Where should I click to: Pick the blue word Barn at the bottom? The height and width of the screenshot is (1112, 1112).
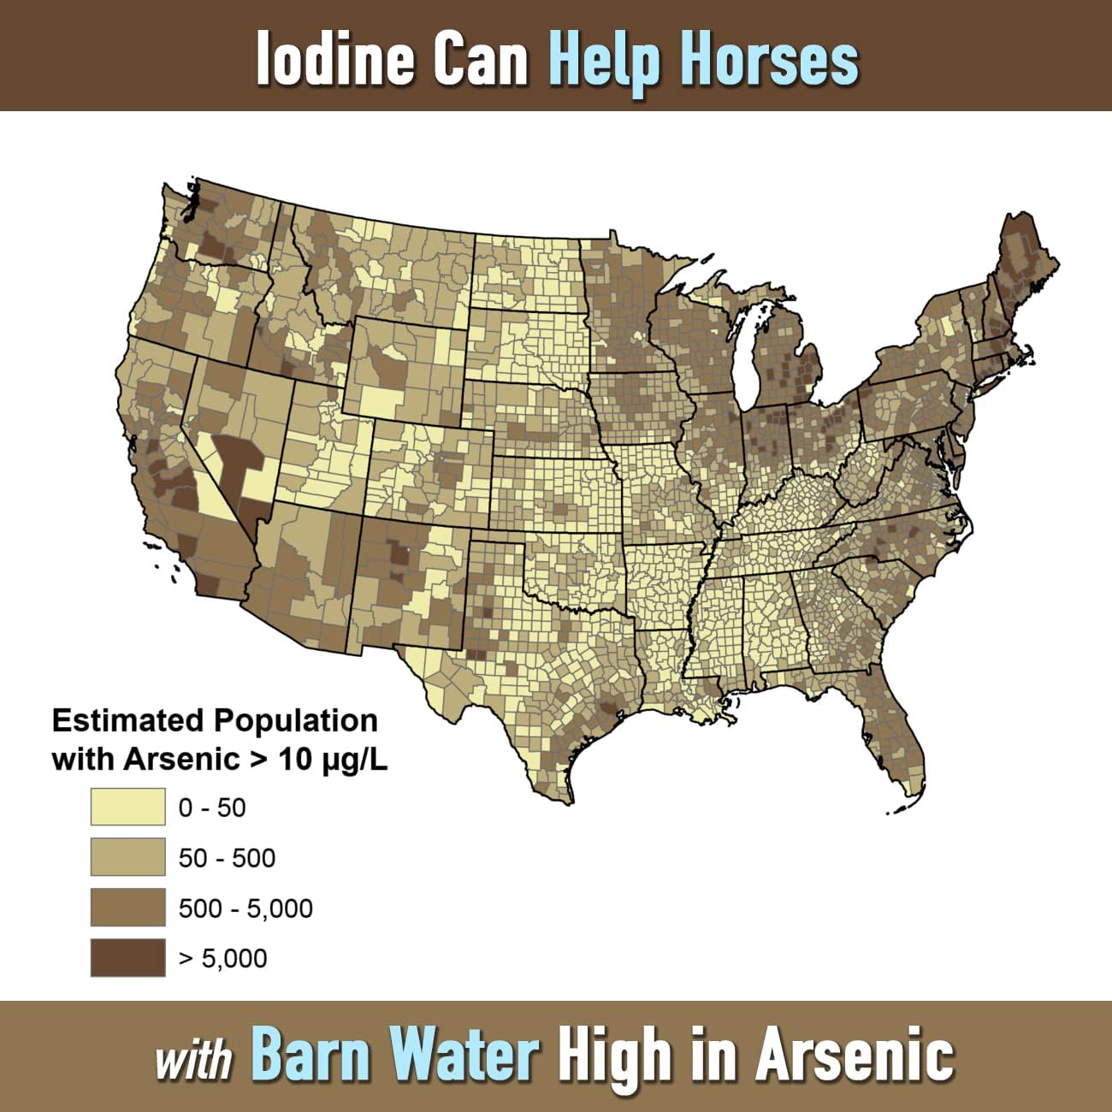click(312, 1055)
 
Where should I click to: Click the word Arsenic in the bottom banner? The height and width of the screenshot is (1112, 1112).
click(855, 1055)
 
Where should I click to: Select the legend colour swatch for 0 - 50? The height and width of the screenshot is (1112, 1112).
click(127, 807)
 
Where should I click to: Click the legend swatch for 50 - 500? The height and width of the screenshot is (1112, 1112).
click(127, 858)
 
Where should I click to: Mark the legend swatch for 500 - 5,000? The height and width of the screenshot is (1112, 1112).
click(127, 908)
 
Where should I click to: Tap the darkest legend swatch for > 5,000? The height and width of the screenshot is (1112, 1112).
click(127, 958)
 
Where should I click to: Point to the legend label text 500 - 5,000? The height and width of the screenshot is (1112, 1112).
click(245, 908)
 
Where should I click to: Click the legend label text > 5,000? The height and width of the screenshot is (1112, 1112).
click(222, 959)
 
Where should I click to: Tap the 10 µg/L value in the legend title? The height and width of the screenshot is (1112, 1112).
click(334, 759)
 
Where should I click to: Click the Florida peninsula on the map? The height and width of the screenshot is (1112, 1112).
click(890, 736)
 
